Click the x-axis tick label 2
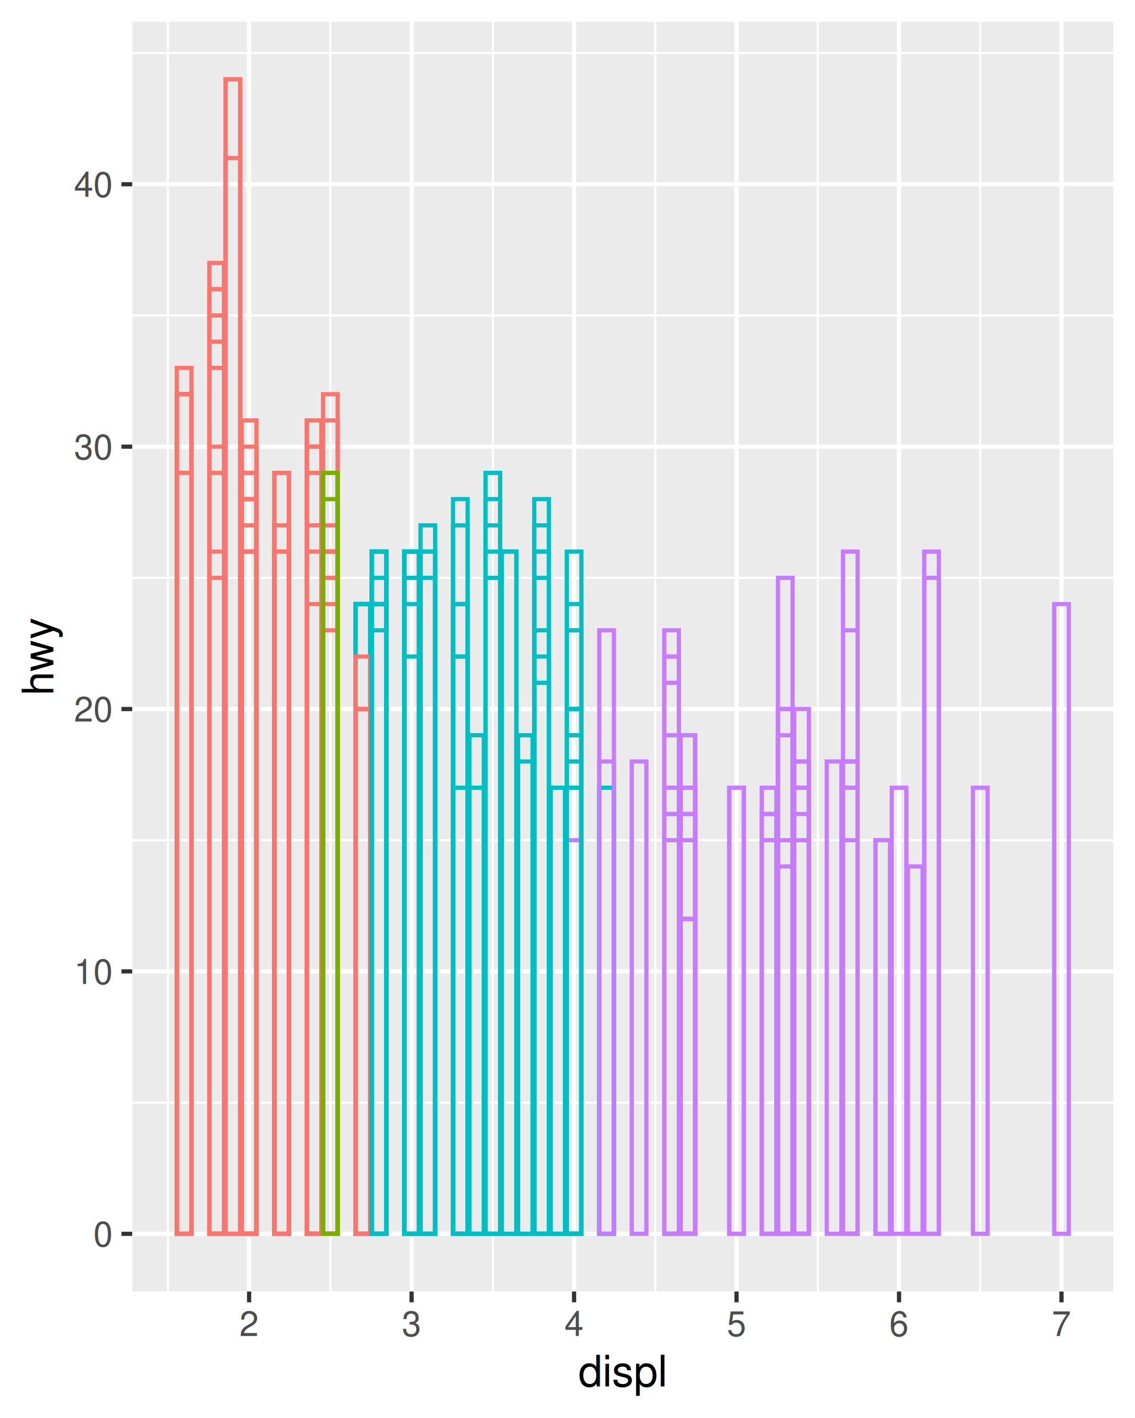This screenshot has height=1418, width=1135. [x=249, y=1324]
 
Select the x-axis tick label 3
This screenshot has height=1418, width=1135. [x=411, y=1324]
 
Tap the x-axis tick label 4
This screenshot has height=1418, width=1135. [x=574, y=1324]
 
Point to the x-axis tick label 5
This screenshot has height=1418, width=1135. [x=736, y=1324]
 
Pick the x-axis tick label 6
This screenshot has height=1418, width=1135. [x=899, y=1324]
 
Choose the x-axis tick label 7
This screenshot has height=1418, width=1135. [x=1061, y=1324]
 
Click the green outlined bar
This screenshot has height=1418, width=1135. [x=330, y=855]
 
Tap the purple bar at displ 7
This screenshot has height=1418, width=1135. [x=1061, y=921]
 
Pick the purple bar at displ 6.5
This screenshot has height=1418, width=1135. [x=980, y=1013]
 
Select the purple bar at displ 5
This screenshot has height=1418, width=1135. [x=736, y=1013]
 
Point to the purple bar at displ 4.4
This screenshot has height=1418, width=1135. [x=639, y=1000]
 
